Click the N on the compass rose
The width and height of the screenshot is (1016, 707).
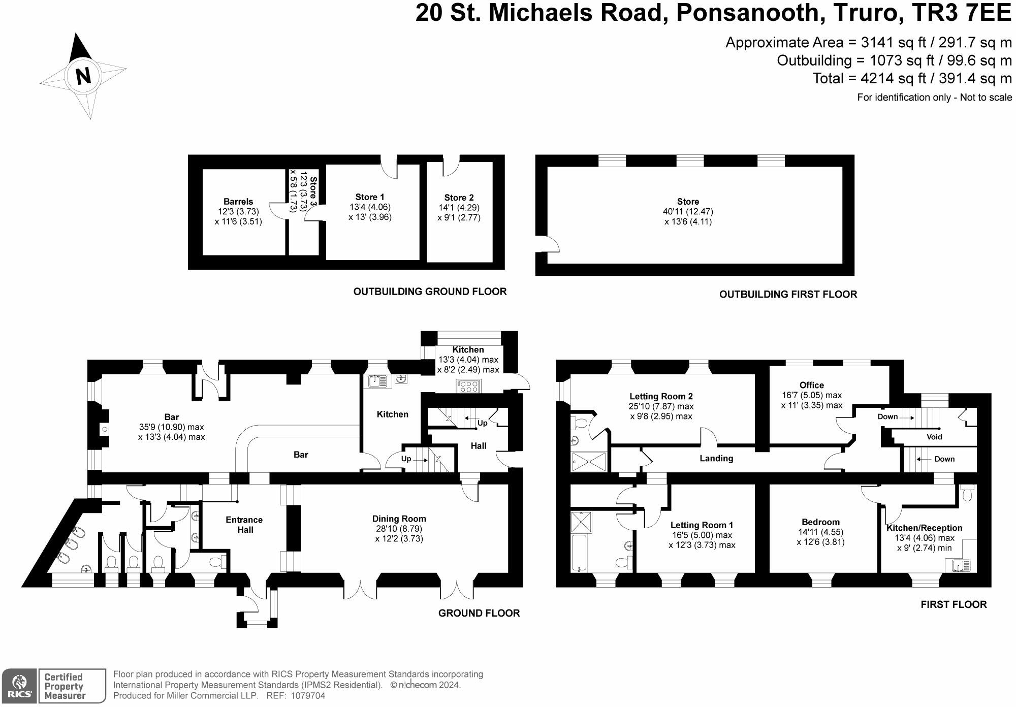coord(83,76)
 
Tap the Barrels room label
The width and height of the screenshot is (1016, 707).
coord(238,202)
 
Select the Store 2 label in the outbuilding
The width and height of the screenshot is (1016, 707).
coord(459,198)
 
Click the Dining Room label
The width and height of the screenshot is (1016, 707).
coord(399,519)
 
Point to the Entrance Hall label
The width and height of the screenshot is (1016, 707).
coord(244,525)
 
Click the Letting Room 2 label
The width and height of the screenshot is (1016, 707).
coord(661,396)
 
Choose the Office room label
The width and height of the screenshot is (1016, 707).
coord(811,385)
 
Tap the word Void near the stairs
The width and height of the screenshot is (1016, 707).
coord(934,437)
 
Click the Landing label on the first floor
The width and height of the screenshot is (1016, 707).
coord(716,458)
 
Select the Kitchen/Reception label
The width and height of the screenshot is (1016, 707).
coord(924,528)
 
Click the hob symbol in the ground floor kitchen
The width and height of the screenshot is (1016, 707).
coord(468,387)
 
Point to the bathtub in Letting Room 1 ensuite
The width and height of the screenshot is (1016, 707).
coord(579,553)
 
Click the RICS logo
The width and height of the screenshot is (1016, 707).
coord(19,686)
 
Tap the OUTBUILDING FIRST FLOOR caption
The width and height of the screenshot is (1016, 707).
coord(788,294)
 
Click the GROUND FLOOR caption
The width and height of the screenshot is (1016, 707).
coord(479,613)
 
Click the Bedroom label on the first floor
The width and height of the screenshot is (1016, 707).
coord(820,522)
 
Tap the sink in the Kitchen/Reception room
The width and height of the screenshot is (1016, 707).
coord(958,565)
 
